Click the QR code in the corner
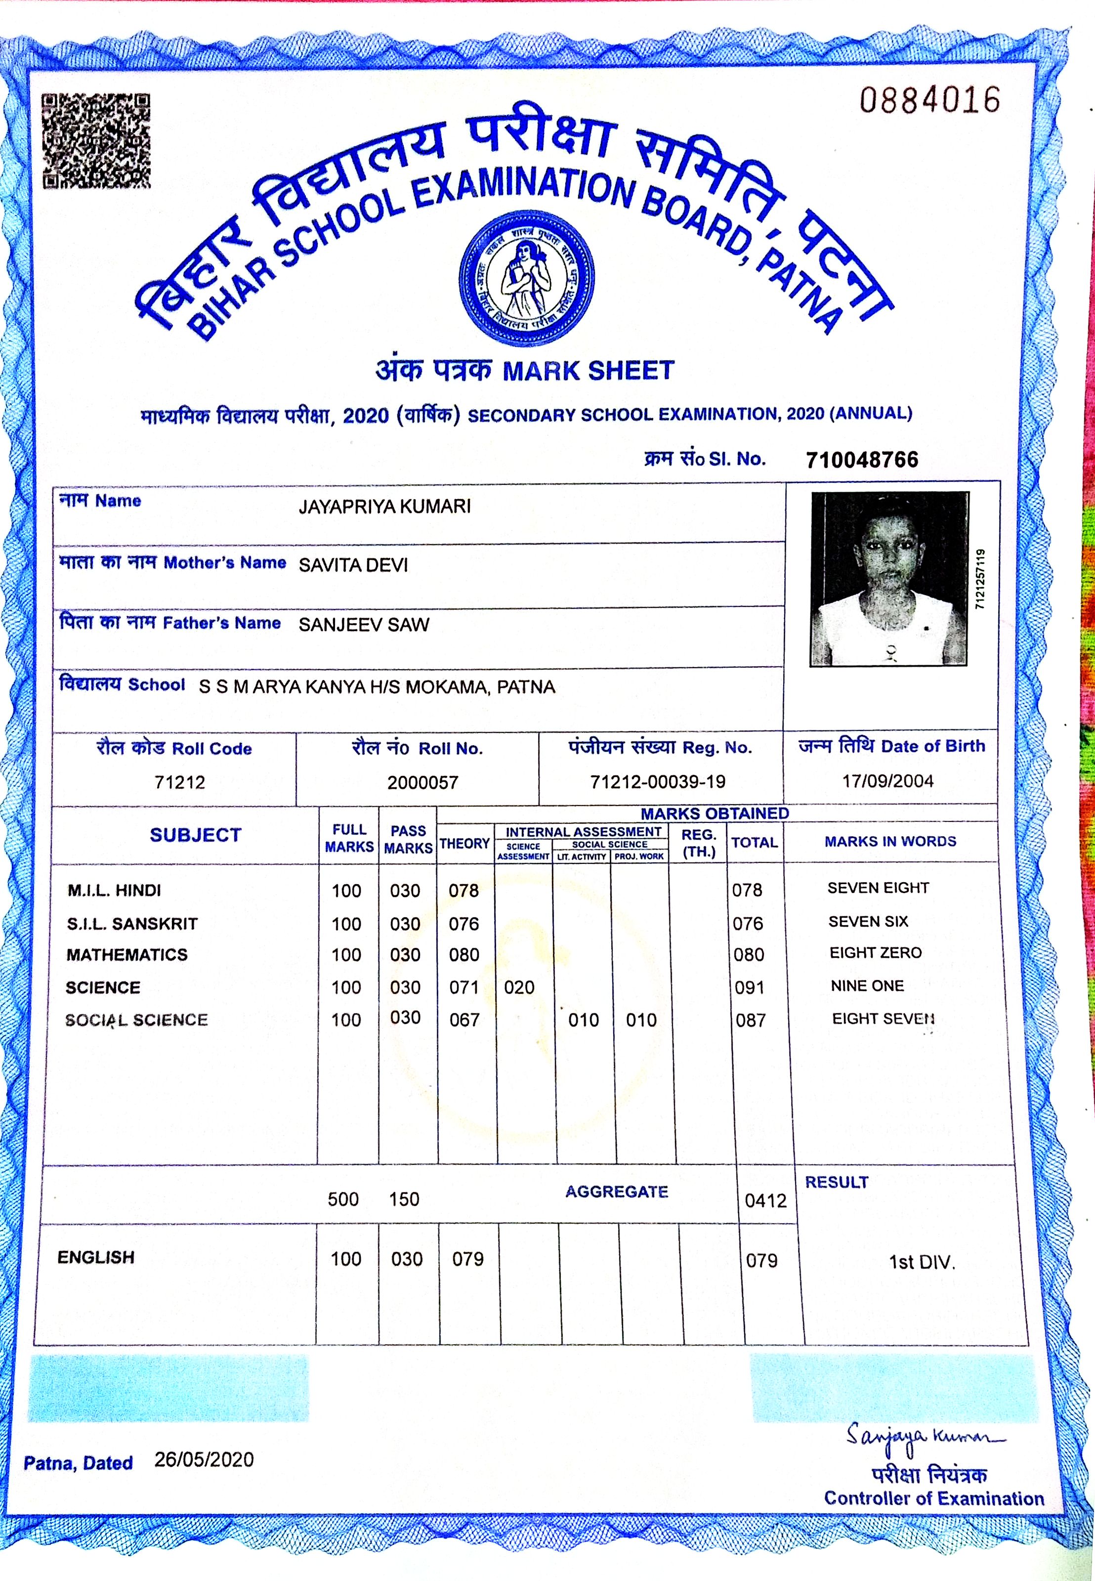click(95, 141)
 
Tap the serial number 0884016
click(929, 100)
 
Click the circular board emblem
click(526, 278)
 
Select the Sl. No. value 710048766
click(862, 460)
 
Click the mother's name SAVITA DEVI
click(353, 565)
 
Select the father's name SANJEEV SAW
click(364, 624)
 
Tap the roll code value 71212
click(180, 782)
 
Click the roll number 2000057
click(422, 782)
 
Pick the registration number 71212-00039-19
click(657, 781)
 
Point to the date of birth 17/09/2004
click(888, 781)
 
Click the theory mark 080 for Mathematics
click(464, 955)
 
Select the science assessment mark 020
click(519, 987)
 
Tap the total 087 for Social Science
click(751, 1021)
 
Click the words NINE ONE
click(867, 986)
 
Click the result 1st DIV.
click(922, 1263)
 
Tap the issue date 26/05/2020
click(204, 1459)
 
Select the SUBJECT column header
click(196, 835)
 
